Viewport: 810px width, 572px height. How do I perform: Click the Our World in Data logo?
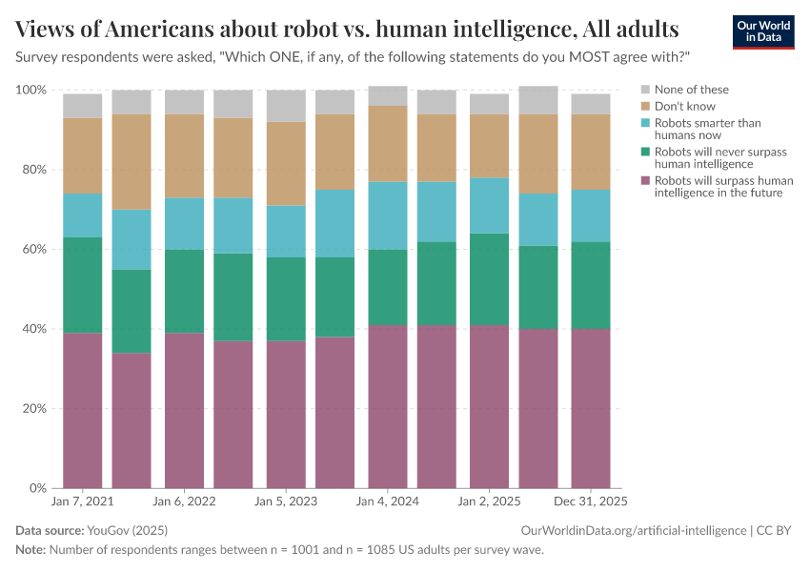(x=762, y=31)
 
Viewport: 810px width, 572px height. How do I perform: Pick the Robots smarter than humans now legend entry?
(x=693, y=130)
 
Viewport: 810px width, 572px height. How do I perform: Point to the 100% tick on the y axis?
(x=31, y=90)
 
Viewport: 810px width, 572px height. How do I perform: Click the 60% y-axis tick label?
(x=34, y=249)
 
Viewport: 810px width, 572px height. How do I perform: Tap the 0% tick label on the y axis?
(x=38, y=488)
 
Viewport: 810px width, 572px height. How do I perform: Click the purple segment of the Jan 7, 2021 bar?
(x=83, y=410)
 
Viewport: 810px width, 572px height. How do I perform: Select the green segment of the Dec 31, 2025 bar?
(x=591, y=285)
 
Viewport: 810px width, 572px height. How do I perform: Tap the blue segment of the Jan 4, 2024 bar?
(x=387, y=215)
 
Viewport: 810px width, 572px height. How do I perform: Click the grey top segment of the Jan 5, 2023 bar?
(x=286, y=106)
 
